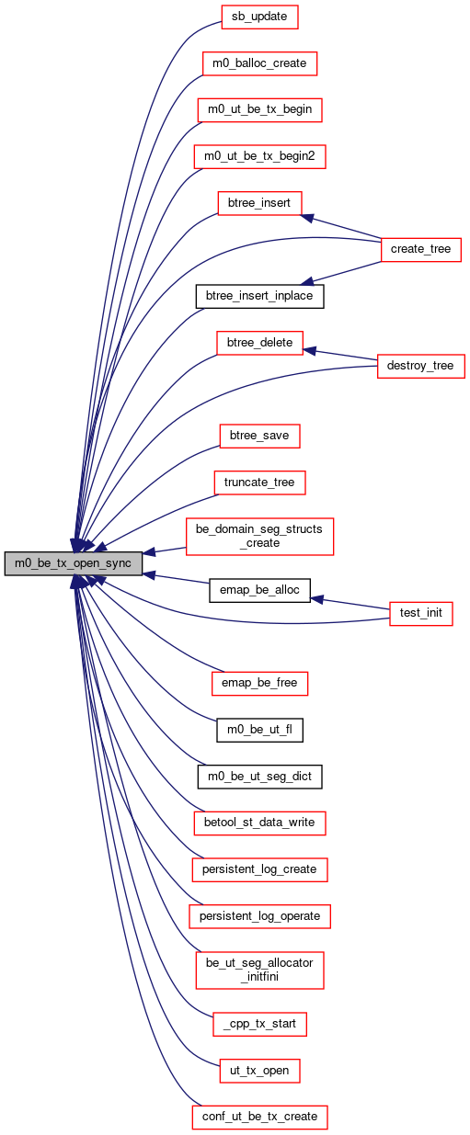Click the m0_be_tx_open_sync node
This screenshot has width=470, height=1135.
point(73,563)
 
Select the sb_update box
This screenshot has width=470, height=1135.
point(259,17)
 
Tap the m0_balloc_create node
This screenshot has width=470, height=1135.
point(259,63)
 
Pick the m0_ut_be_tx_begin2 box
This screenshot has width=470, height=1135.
point(259,156)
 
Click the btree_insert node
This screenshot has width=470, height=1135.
point(259,203)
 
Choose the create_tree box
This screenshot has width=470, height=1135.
point(421,249)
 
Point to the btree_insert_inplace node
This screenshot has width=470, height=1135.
point(259,296)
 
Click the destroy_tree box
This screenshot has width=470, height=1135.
point(421,366)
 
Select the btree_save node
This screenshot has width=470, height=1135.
point(259,436)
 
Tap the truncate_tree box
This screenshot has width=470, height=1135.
point(259,482)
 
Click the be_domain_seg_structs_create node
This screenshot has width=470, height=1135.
point(259,536)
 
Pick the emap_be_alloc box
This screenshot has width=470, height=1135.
point(259,590)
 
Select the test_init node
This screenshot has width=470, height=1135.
point(421,614)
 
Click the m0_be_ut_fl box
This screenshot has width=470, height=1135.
point(259,730)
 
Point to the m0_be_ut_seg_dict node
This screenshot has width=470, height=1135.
point(259,777)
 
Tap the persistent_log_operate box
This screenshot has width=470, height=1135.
point(259,916)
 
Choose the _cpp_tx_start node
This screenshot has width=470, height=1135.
point(259,1024)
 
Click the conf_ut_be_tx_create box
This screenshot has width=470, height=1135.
point(259,1117)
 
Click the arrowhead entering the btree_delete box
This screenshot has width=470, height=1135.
point(309,351)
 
